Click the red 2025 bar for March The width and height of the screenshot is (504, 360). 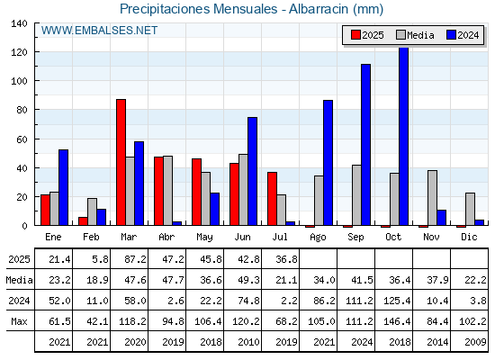tap(121, 162)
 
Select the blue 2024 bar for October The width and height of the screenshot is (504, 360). tap(404, 136)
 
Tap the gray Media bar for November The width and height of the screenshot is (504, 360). tap(432, 198)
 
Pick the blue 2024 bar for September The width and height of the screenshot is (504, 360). tap(365, 145)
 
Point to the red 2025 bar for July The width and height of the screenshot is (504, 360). tap(272, 199)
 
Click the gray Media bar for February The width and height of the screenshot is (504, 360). tap(92, 211)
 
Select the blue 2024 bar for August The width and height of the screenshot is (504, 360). tap(328, 163)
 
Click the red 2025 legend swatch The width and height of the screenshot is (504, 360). tap(355, 35)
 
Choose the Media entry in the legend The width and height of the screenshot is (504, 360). tap(415, 35)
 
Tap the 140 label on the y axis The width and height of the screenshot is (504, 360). tap(19, 23)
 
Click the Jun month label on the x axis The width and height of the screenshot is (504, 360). tap(242, 238)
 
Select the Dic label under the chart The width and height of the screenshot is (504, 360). tap(469, 238)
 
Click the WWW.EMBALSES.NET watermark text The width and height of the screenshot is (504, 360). tap(99, 31)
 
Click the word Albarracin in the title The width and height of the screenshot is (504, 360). tap(319, 9)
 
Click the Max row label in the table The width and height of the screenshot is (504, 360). tap(19, 321)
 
